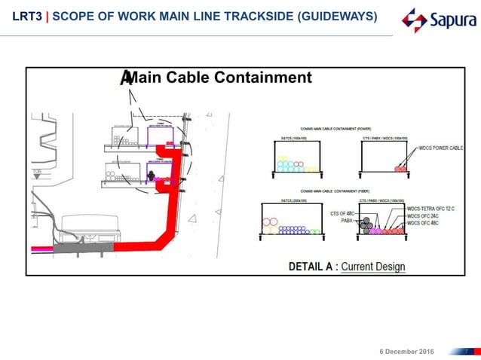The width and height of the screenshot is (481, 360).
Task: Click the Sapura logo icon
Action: pyautogui.click(x=414, y=20)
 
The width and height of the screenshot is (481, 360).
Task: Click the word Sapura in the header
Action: pyautogui.click(x=450, y=20)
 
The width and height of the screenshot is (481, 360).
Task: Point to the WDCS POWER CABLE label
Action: pyautogui.click(x=440, y=148)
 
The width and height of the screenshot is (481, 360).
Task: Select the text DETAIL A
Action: pyautogui.click(x=311, y=267)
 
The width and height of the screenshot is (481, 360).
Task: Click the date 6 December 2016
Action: pyautogui.click(x=407, y=351)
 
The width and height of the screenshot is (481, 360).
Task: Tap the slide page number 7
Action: pyautogui.click(x=467, y=351)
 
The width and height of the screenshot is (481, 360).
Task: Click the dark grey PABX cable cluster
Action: pyautogui.click(x=367, y=226)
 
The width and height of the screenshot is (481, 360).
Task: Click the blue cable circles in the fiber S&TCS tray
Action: pyautogui.click(x=296, y=230)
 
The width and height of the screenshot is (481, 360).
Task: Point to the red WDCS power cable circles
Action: pyautogui.click(x=400, y=169)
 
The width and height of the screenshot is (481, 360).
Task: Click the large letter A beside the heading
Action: pyautogui.click(x=126, y=78)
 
